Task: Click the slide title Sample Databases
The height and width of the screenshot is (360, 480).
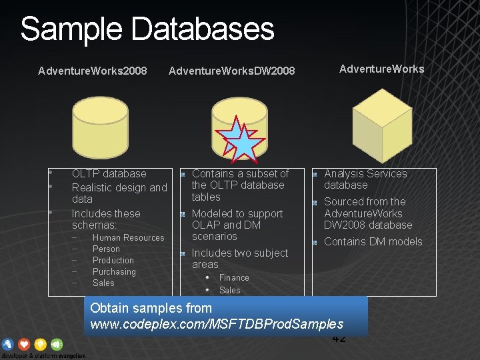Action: point(147,29)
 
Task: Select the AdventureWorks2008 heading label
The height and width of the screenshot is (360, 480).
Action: point(93,70)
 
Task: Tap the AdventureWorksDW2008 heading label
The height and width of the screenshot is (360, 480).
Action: point(231,70)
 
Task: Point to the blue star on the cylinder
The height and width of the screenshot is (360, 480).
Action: point(244,143)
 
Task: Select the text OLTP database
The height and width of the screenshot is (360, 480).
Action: point(109,173)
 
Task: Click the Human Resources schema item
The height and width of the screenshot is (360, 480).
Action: point(128,237)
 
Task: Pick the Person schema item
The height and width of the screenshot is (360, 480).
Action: point(106,249)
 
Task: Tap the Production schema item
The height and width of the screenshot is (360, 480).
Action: point(113,260)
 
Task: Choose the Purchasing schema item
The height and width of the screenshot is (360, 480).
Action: point(114,271)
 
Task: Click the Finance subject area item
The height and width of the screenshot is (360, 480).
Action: point(234,277)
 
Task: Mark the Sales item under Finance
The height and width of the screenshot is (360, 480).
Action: point(229,290)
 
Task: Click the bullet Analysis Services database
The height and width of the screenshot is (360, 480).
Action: point(365,179)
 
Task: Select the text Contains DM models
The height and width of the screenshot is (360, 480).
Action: point(373,241)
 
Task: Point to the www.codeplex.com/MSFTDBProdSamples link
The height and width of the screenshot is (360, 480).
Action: point(217,324)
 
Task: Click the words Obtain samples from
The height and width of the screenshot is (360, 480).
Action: point(151,308)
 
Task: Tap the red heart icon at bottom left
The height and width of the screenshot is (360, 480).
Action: point(25,344)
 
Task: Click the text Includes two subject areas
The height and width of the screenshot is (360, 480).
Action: point(239,258)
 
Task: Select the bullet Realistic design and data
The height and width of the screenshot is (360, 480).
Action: point(119,193)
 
